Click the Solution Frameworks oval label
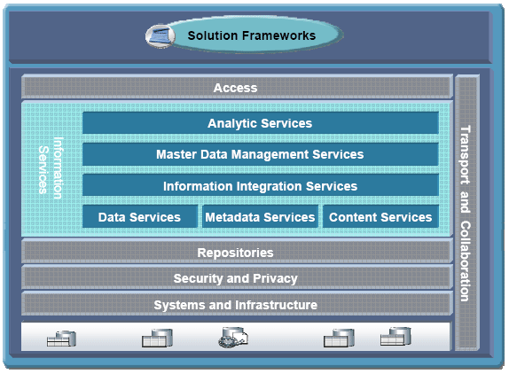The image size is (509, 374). click(252, 35)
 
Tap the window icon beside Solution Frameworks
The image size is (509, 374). click(160, 36)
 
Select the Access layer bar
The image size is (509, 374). click(237, 87)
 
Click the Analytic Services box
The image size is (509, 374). click(261, 123)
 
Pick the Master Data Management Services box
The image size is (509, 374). click(261, 154)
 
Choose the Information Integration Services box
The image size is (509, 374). click(261, 186)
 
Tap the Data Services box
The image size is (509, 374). click(140, 216)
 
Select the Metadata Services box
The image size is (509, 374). click(260, 216)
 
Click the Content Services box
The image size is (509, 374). click(380, 216)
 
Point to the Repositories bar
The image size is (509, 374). click(237, 252)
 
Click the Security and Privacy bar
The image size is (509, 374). click(237, 278)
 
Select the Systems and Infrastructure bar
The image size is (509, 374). click(237, 304)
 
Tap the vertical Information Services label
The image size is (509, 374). click(51, 168)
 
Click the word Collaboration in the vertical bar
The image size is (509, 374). click(466, 261)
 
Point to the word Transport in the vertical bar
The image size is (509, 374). click(466, 155)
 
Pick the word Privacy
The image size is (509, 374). click(275, 278)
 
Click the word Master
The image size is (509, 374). click(176, 154)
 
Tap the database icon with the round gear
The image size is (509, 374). click(233, 338)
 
